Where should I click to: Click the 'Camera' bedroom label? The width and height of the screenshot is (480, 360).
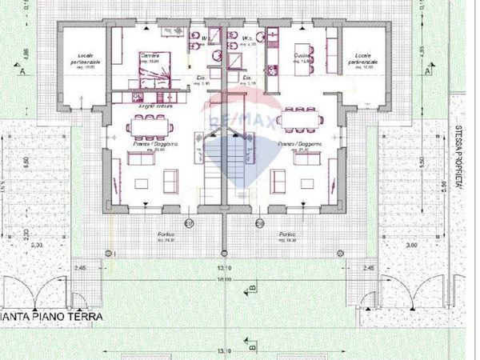(150, 54)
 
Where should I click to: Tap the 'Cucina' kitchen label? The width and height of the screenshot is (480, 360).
(302, 54)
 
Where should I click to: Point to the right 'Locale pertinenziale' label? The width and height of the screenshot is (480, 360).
(366, 58)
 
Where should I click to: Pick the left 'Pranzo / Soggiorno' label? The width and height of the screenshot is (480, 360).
(149, 145)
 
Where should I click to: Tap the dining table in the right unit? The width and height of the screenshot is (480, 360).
(300, 119)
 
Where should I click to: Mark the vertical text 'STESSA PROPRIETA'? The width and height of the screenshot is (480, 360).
(456, 161)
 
